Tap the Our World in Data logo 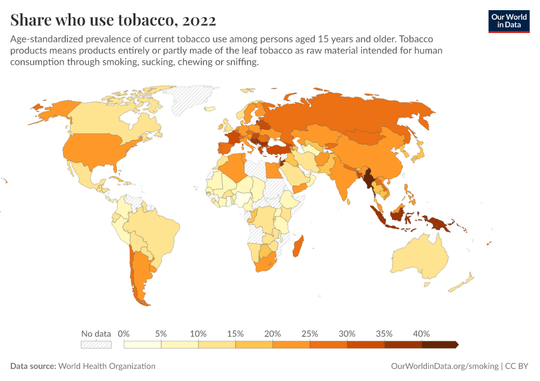(x=508, y=21)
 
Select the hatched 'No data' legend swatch (x=96, y=344)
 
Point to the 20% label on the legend (x=273, y=333)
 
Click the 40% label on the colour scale (x=421, y=333)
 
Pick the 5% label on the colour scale (x=161, y=333)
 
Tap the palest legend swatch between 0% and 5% (x=142, y=344)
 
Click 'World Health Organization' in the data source (x=107, y=366)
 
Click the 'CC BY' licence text (x=517, y=366)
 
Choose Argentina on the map (x=140, y=274)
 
